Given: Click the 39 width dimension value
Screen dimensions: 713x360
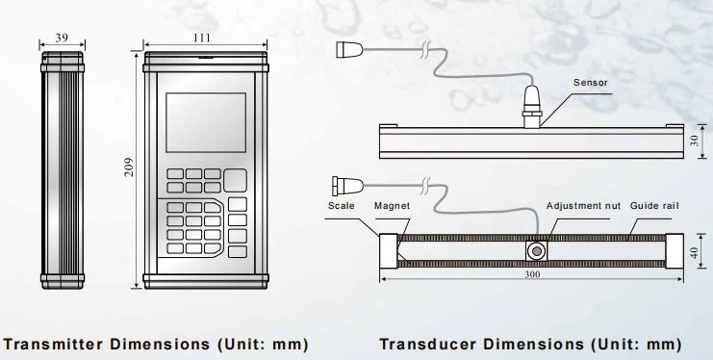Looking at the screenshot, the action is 62,39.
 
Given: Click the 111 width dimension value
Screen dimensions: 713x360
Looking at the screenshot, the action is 202,38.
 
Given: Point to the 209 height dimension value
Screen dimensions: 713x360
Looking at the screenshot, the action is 129,167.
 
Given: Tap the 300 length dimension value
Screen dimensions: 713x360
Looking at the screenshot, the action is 532,274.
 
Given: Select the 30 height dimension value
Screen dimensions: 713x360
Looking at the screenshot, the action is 694,141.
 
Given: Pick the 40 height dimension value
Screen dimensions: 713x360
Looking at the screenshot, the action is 694,252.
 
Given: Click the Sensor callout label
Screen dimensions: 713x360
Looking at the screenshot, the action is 590,83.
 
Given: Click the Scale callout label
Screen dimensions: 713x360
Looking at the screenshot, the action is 341,206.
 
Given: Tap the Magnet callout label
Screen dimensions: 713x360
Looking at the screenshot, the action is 392,206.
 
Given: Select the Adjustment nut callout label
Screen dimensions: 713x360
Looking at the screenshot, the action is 583,206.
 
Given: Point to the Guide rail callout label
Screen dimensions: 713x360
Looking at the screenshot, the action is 654,206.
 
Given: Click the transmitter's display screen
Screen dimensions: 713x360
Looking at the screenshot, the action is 206,122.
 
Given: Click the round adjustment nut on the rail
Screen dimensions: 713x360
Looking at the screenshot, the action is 537,251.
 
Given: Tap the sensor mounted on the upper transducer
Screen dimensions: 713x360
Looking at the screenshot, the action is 531,106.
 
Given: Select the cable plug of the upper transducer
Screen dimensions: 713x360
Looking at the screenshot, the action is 349,50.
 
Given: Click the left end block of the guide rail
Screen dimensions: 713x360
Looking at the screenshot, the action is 389,251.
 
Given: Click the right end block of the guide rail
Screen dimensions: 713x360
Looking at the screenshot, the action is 675,251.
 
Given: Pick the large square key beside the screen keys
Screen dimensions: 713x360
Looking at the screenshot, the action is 235,180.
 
